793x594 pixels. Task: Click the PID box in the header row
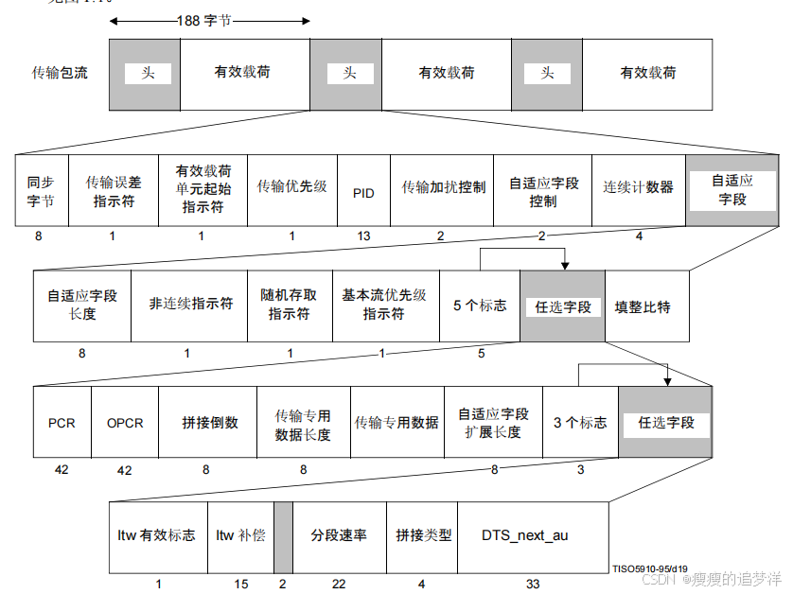(x=363, y=192)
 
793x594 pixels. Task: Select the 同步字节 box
(x=41, y=192)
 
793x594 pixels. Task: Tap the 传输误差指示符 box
(x=113, y=192)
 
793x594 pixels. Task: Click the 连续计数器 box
(x=639, y=188)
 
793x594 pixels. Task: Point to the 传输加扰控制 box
(x=442, y=188)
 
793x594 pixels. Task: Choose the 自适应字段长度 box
(x=82, y=305)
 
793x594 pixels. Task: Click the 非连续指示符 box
(x=189, y=305)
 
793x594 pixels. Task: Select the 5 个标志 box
(x=480, y=306)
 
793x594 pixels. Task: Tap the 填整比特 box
(x=643, y=307)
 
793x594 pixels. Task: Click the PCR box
(x=62, y=423)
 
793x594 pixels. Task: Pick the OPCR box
(x=125, y=423)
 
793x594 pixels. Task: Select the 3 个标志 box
(x=580, y=423)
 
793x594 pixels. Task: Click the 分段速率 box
(x=339, y=535)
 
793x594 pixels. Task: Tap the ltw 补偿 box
(x=240, y=535)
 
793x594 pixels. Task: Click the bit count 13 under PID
(x=363, y=236)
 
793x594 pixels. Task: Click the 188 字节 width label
(x=204, y=19)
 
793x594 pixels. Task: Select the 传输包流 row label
(x=61, y=73)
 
